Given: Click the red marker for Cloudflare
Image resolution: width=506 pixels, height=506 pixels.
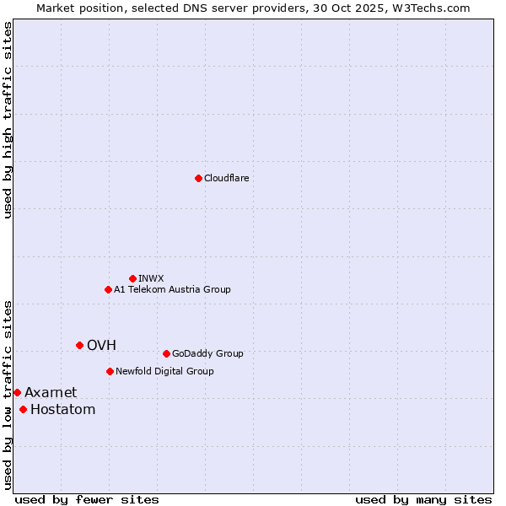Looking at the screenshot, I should coord(198,178).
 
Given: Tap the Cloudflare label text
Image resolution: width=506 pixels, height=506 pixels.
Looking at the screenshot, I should coord(227,178).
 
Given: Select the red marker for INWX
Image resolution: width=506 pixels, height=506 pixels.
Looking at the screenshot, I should coord(132,278).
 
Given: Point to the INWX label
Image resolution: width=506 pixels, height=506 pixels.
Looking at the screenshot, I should coord(151,278).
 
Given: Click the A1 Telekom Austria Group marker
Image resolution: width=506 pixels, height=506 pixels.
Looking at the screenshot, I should coord(108,289).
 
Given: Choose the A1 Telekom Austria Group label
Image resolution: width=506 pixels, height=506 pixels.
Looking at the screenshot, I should coord(172,289).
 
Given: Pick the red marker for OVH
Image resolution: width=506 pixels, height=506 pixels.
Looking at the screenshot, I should coord(79,345).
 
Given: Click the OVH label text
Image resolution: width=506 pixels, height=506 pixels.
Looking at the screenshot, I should coord(101,345).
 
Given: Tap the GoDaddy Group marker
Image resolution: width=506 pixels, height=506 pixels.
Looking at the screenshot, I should coord(166,353).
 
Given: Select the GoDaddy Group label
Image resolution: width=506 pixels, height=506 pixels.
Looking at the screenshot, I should coord(207,353).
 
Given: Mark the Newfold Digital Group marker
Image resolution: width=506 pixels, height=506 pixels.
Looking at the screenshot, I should coord(110,371).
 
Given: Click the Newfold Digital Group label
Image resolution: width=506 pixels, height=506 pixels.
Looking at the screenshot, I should coord(164,371).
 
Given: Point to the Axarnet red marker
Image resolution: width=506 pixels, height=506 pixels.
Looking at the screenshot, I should coord(17,392).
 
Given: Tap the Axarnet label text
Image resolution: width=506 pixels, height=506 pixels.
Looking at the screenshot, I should coord(51,392).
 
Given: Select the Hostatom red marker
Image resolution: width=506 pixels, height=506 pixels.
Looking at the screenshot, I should coord(23,410).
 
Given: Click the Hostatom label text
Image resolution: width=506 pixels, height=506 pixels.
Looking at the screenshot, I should coord(62,410).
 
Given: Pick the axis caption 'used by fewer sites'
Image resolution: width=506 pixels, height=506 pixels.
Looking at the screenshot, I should coord(87,499).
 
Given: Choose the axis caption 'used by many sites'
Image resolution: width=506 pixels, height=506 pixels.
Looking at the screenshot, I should coord(423,499).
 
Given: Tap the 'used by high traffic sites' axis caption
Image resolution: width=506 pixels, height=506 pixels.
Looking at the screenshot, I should coord(8,120).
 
